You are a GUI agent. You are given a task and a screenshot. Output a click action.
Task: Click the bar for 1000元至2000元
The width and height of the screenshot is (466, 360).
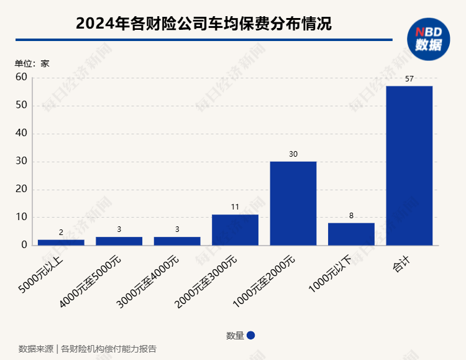coord(293,203)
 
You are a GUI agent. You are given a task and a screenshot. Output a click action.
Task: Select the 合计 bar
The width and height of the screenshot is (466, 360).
coord(409,165)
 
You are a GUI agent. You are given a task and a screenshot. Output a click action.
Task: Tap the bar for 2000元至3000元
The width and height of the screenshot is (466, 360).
coord(235,230)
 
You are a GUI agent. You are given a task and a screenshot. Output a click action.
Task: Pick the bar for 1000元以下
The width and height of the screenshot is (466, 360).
coord(351,234)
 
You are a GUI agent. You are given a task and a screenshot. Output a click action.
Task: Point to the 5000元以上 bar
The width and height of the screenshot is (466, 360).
coord(61,242)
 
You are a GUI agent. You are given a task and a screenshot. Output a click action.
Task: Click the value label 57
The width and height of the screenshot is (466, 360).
coord(409,79)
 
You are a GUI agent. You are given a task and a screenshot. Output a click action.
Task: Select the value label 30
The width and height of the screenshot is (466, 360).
coord(293,154)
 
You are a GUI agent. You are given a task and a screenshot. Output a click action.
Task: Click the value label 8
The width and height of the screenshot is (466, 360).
coord(351,216)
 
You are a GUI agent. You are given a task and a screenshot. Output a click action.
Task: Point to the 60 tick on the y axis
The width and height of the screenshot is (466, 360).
coord(21,77)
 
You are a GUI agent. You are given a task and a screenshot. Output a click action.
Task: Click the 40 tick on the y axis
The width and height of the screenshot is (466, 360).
coord(21,134)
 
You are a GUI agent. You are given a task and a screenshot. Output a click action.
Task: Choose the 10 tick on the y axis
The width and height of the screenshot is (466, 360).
coord(21,218)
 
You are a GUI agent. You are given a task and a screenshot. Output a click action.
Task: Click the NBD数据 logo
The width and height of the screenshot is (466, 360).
coord(429,39)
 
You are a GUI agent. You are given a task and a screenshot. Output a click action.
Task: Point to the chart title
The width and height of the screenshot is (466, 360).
coord(204,24)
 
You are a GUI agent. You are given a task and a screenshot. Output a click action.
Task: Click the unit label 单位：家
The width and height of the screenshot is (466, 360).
coord(32,63)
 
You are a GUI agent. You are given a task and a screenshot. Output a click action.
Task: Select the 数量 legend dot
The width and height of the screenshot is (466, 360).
coord(251,335)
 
